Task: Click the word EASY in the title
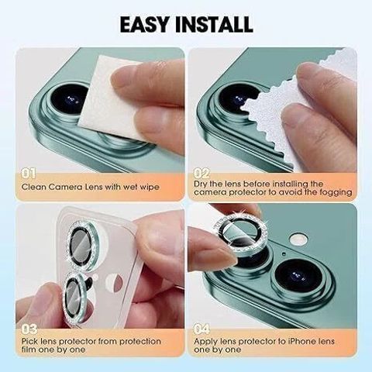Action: [144, 24]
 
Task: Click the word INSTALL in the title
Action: [214, 24]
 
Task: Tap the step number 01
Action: [29, 174]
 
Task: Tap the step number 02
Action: [201, 174]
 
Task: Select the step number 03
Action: [29, 329]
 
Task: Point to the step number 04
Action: [202, 329]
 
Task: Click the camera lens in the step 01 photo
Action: [69, 99]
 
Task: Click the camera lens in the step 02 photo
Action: [239, 99]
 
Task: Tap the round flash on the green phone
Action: [298, 239]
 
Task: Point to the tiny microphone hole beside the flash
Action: [284, 254]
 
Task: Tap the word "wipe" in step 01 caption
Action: [150, 187]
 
